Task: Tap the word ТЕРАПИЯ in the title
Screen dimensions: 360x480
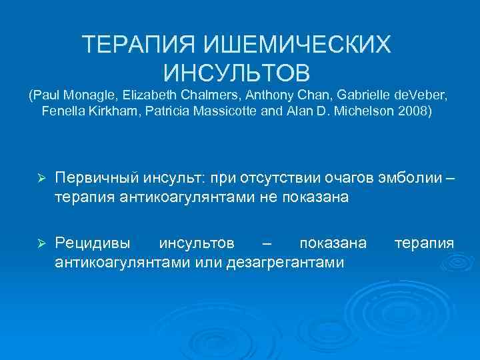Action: click(129, 45)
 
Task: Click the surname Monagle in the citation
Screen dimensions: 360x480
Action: click(89, 95)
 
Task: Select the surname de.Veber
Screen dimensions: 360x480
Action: click(413, 95)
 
